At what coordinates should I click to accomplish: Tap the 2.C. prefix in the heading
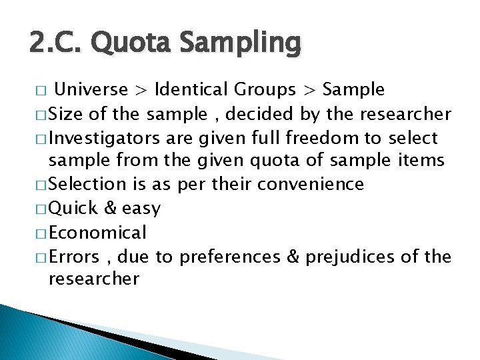(53, 43)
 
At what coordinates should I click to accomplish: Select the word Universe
(91, 89)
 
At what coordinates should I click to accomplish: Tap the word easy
(141, 209)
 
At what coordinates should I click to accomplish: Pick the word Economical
(98, 233)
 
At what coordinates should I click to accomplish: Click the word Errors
(75, 257)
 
